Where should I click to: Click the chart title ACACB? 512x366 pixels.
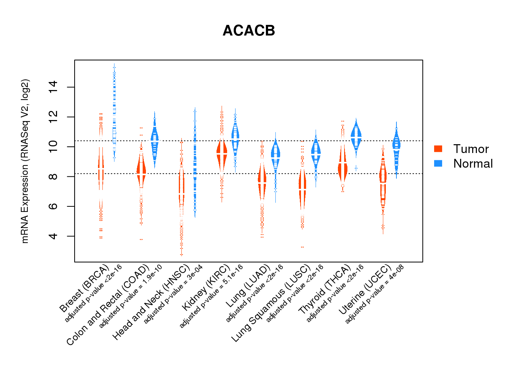click(x=249, y=31)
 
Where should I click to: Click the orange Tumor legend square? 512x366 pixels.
click(x=438, y=149)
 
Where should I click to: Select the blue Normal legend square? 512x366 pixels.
click(x=438, y=163)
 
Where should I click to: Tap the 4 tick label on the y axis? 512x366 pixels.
click(x=53, y=236)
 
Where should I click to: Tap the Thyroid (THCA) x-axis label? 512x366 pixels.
click(x=325, y=290)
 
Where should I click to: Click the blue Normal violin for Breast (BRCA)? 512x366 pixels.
click(x=114, y=110)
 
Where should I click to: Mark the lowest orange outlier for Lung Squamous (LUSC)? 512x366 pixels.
click(x=302, y=247)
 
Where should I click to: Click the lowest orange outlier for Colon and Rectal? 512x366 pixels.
click(x=141, y=239)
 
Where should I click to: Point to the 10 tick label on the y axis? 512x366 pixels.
click(x=53, y=147)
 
